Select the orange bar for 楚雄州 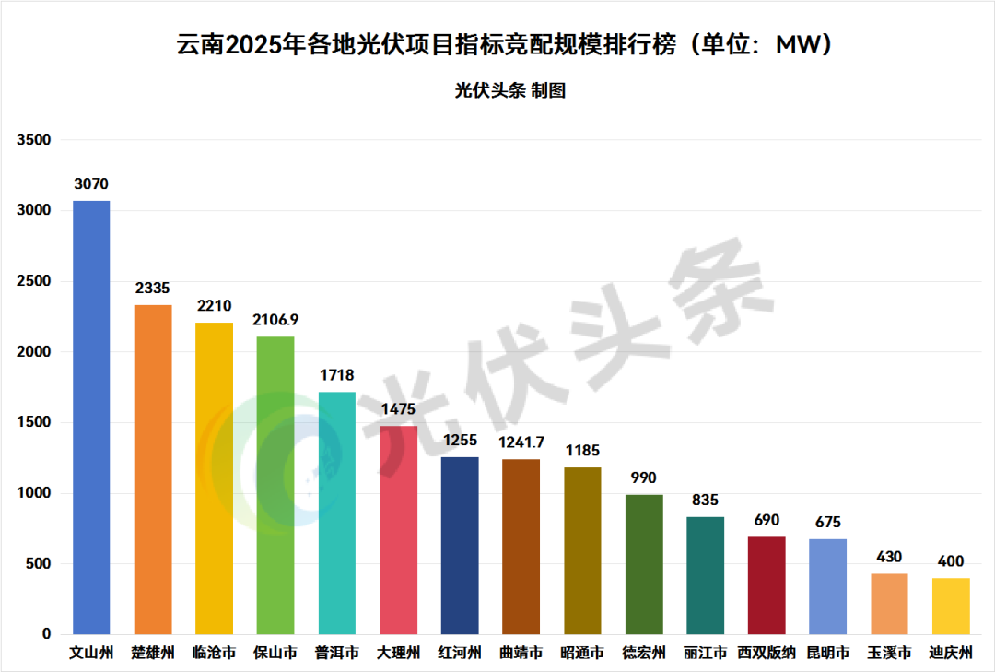click(x=153, y=469)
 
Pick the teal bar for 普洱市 click(x=336, y=513)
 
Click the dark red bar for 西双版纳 click(x=766, y=585)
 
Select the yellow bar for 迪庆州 click(x=951, y=606)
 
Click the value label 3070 click(x=91, y=184)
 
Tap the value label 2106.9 click(x=275, y=320)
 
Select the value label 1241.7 click(x=521, y=442)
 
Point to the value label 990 click(x=643, y=478)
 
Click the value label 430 click(x=889, y=558)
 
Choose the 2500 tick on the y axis click(x=37, y=281)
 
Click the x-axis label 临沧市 click(x=214, y=654)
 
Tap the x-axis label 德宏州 click(x=643, y=654)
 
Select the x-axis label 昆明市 click(x=827, y=654)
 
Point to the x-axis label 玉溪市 click(x=889, y=654)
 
